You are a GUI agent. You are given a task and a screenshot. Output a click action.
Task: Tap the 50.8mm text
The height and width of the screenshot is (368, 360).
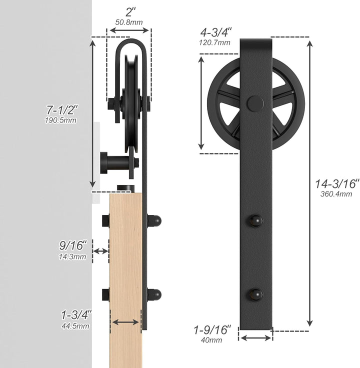coord(129,22)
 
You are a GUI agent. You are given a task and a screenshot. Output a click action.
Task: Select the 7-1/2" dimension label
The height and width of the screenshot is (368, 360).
coord(62,109)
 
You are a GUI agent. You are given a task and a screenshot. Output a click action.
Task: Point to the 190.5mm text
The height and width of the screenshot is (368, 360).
coord(60,120)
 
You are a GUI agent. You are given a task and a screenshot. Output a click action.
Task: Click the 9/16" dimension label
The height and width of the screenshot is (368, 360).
coord(73,245)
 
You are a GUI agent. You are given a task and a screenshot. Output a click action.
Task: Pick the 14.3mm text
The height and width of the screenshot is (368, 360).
coord(72,257)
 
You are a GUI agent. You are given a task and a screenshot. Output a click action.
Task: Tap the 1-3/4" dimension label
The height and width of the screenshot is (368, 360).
coord(76,314)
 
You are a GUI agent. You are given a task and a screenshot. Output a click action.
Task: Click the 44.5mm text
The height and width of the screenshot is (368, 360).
coord(75,326)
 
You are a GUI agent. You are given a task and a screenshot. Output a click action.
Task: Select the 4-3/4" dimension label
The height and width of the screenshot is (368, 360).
coord(215,32)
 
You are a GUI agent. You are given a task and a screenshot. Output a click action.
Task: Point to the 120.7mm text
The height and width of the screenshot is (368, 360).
coord(214,42)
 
